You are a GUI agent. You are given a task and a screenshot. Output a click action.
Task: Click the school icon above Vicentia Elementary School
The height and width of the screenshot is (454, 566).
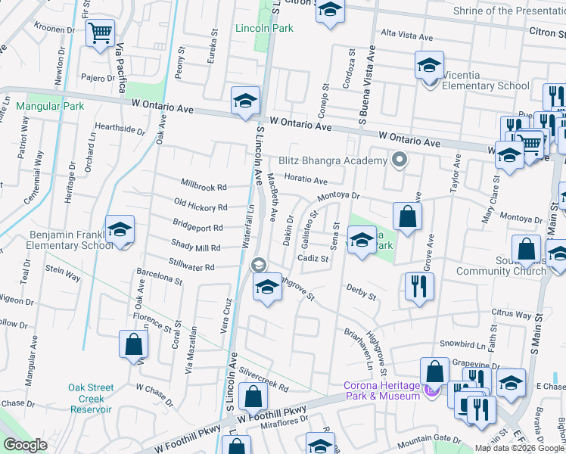(429, 65)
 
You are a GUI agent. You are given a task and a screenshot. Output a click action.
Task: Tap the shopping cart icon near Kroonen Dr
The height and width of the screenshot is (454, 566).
(100, 33)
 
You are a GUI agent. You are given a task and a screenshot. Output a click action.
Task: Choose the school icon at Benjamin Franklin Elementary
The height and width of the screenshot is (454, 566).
(120, 229)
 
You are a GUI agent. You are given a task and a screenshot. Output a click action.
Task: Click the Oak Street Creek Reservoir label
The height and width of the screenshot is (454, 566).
(91, 398)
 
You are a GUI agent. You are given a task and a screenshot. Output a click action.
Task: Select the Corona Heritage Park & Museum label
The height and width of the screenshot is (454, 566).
(382, 390)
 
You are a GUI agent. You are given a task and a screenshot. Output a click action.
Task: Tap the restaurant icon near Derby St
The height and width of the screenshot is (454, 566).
(419, 285)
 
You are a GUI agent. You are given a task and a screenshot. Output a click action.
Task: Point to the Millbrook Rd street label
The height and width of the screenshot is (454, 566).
(204, 186)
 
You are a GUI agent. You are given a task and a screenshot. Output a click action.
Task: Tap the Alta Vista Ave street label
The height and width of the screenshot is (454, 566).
(406, 35)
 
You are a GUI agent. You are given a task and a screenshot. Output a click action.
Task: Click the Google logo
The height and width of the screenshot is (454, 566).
(25, 446)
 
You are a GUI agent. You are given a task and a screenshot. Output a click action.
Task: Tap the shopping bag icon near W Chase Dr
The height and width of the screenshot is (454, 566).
(133, 344)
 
